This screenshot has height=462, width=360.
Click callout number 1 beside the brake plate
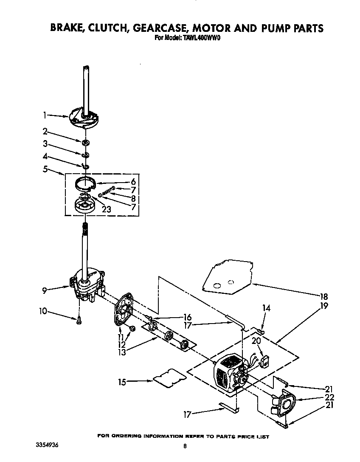(x=45, y=115)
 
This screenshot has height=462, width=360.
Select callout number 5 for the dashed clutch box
(x=45, y=169)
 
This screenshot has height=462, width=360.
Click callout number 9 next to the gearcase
(x=44, y=291)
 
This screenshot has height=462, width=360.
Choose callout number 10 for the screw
(x=43, y=311)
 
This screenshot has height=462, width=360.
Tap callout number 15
(x=122, y=382)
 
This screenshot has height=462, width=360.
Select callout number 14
(x=266, y=307)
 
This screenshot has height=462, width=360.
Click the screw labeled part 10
(x=79, y=322)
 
